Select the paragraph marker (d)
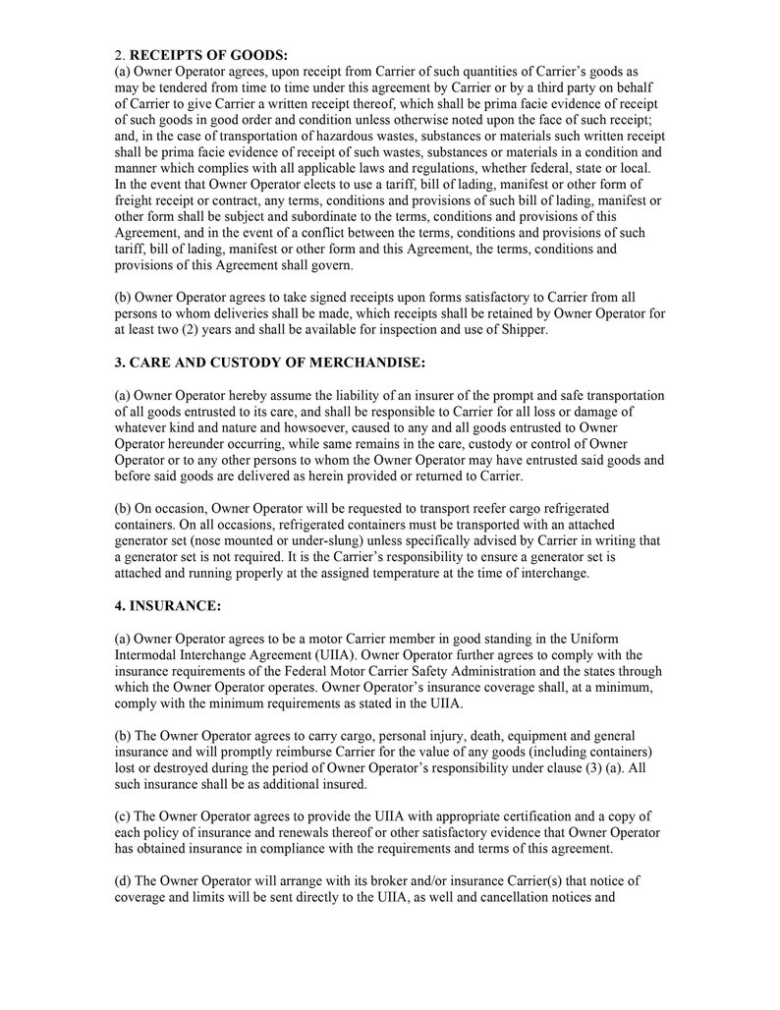tap(124, 880)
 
